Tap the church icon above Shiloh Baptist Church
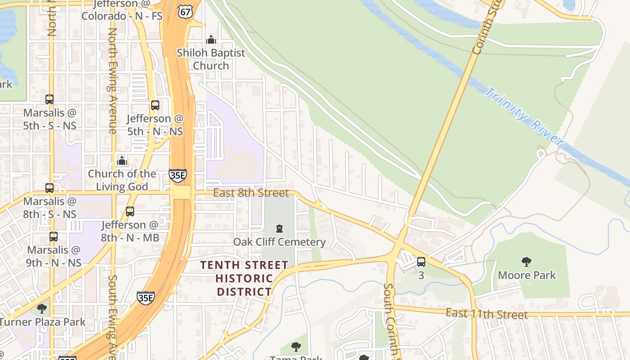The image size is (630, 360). point(211,40)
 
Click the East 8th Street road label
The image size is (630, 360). point(251,193)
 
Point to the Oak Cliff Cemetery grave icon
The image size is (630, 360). point(279,229)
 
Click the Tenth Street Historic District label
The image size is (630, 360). point(244,278)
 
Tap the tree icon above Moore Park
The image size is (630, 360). point(526,261)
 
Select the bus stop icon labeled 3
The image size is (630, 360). point(421,261)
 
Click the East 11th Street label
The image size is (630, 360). point(486,314)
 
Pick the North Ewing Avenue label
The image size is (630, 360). point(112,81)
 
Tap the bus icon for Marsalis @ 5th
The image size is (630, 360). point(49,99)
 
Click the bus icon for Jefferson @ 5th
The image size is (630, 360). point(155,105)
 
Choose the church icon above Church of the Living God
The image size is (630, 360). point(121,161)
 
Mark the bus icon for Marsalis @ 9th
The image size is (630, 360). point(54,236)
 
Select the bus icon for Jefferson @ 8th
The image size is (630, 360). point(130,211)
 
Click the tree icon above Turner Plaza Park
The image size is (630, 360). point(42,309)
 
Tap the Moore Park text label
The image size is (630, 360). point(526,275)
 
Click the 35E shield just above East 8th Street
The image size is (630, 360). point(178,175)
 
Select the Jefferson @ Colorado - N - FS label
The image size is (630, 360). point(121,10)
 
